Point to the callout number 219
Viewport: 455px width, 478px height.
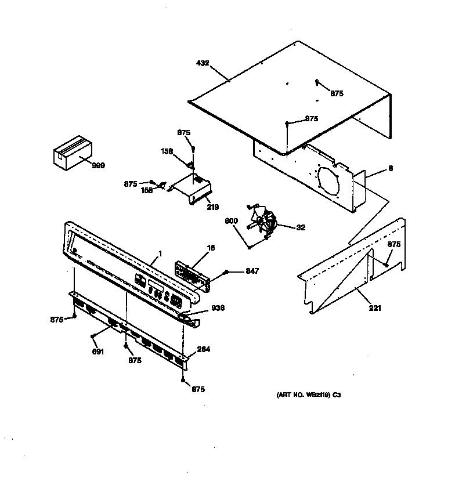click(x=213, y=207)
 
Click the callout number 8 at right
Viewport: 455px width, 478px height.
click(x=391, y=169)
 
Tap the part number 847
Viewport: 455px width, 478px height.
click(x=251, y=271)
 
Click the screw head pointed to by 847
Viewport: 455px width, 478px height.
click(x=227, y=272)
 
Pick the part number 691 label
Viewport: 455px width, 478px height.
click(x=98, y=352)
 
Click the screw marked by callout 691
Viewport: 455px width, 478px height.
click(x=93, y=335)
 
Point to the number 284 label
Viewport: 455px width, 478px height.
click(x=204, y=349)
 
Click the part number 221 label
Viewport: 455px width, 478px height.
click(x=375, y=308)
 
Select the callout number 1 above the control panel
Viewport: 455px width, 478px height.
click(x=159, y=254)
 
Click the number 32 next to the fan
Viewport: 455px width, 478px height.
click(x=301, y=228)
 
